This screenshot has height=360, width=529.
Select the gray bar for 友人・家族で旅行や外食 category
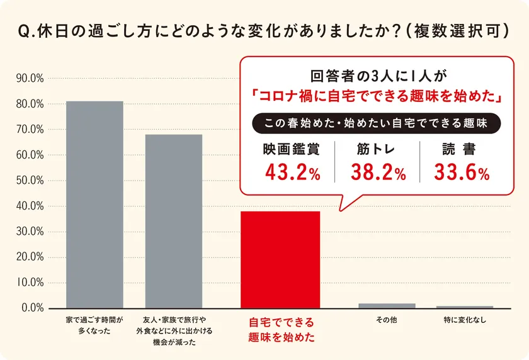174,221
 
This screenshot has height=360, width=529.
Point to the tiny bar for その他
387,305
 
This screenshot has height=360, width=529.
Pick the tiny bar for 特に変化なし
465,307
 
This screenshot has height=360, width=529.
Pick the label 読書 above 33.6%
458,150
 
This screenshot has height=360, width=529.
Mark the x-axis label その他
387,320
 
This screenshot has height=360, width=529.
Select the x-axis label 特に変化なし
465,320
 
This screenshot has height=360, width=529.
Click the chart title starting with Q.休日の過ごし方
264,30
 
